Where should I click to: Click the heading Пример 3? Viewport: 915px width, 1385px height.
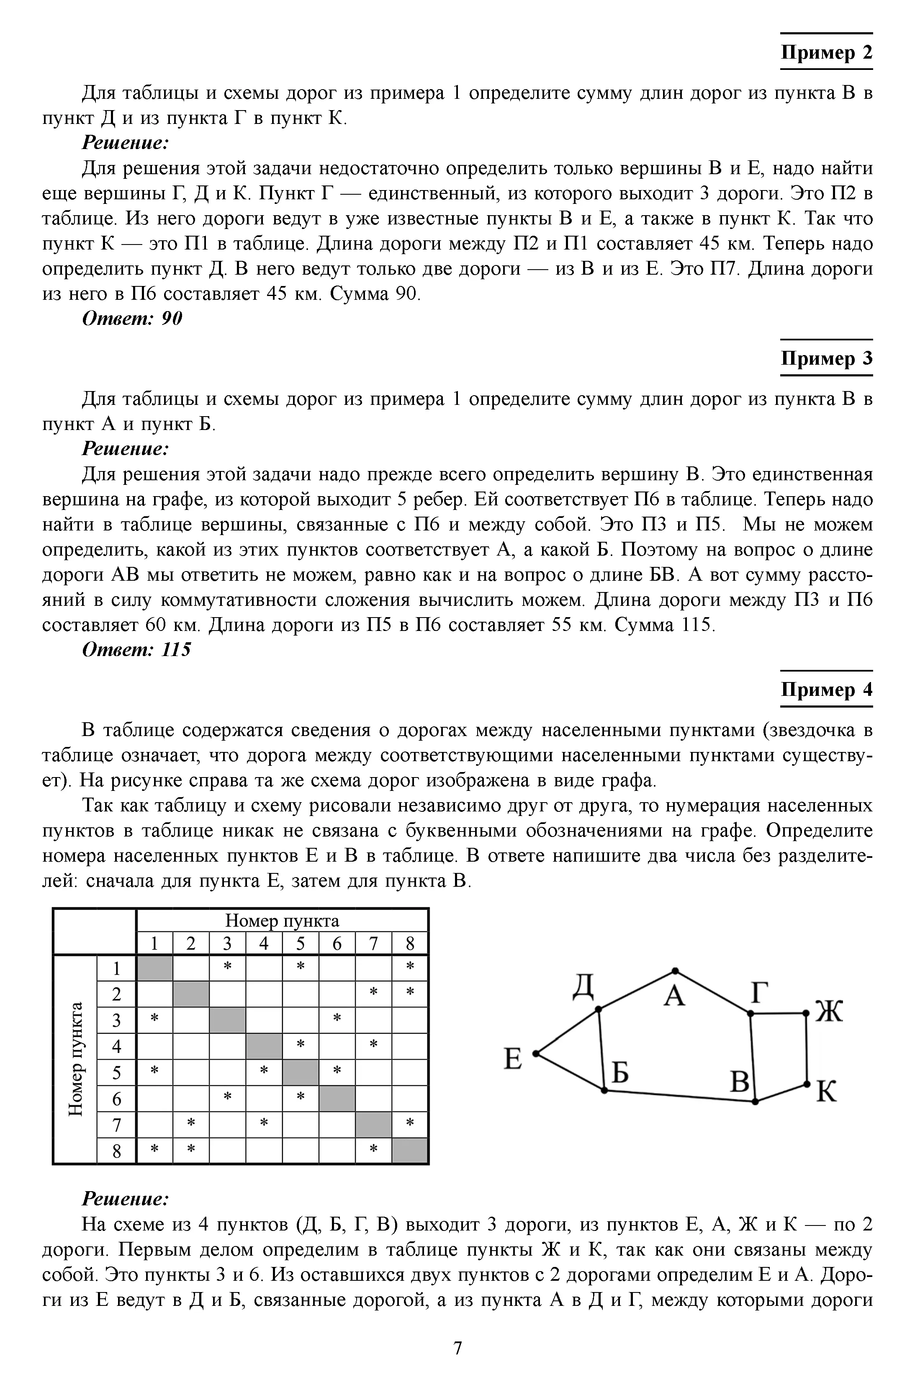click(826, 358)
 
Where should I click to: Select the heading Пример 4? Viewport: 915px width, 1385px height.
click(826, 690)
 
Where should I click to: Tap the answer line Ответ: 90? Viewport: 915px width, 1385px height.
click(132, 319)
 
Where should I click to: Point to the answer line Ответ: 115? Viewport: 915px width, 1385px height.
click(136, 650)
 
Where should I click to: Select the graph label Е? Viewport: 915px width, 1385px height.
click(512, 1059)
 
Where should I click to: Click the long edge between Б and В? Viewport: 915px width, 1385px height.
click(680, 1096)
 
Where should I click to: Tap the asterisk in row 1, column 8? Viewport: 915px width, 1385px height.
click(410, 967)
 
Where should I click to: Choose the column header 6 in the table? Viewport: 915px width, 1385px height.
click(337, 943)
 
